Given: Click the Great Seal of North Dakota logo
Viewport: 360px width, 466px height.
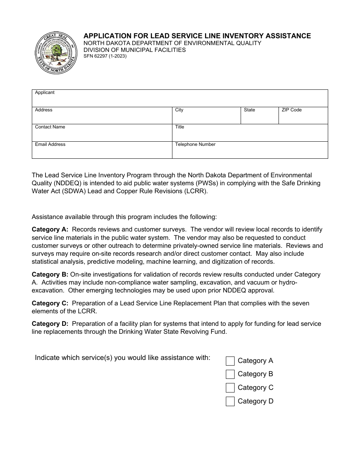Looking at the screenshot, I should click(55, 53).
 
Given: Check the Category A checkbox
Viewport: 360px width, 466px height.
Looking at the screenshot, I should click(230, 361).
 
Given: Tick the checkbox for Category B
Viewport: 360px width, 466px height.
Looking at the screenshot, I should click(230, 374).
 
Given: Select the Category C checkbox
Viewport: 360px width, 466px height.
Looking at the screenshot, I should click(230, 388).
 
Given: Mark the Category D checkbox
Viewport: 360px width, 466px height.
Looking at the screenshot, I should click(230, 402).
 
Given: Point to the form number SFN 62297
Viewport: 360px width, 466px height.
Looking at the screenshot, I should click(105, 56).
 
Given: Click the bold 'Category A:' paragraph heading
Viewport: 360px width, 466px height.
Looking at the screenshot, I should click(50, 229).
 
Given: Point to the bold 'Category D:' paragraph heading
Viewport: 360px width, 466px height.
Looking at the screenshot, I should click(50, 324).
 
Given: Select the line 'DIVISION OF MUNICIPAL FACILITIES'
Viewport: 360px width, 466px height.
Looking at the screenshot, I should click(135, 50).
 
